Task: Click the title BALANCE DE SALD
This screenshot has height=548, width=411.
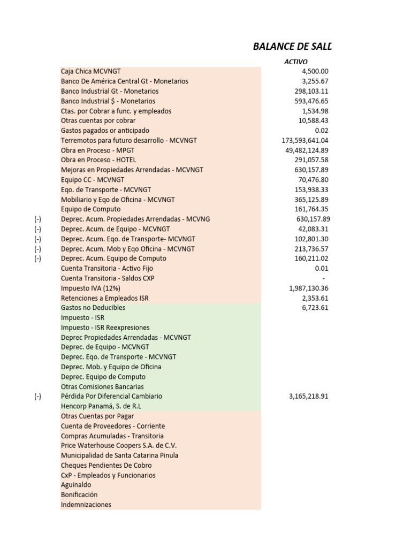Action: [292, 47]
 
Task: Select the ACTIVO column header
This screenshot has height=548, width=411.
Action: [296, 62]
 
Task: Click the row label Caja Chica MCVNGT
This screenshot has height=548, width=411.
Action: [91, 71]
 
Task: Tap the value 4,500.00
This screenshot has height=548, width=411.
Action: [315, 71]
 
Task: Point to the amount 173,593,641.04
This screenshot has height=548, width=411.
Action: [305, 140]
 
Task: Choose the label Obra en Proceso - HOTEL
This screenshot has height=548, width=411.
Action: [98, 159]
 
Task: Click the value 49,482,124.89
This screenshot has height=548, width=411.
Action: [307, 150]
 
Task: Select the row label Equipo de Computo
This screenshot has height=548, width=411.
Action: [91, 209]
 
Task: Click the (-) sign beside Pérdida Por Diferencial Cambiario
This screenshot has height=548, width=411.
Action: [37, 397]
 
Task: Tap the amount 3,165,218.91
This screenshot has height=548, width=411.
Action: [308, 397]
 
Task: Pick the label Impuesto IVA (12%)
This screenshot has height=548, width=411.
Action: [94, 288]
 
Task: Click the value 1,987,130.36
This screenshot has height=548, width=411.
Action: [309, 288]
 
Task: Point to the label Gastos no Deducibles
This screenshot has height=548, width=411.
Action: [93, 308]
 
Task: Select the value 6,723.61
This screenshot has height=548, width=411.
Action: [315, 308]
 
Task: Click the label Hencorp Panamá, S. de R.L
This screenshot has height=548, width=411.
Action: [101, 406]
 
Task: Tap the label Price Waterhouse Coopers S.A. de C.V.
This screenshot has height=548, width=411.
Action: [119, 445]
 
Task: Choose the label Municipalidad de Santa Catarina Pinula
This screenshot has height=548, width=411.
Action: [119, 455]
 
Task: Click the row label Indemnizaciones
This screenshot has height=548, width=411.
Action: [86, 505]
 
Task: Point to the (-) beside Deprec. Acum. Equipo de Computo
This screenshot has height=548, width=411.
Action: [37, 258]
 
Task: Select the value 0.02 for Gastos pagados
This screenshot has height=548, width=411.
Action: [322, 131]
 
